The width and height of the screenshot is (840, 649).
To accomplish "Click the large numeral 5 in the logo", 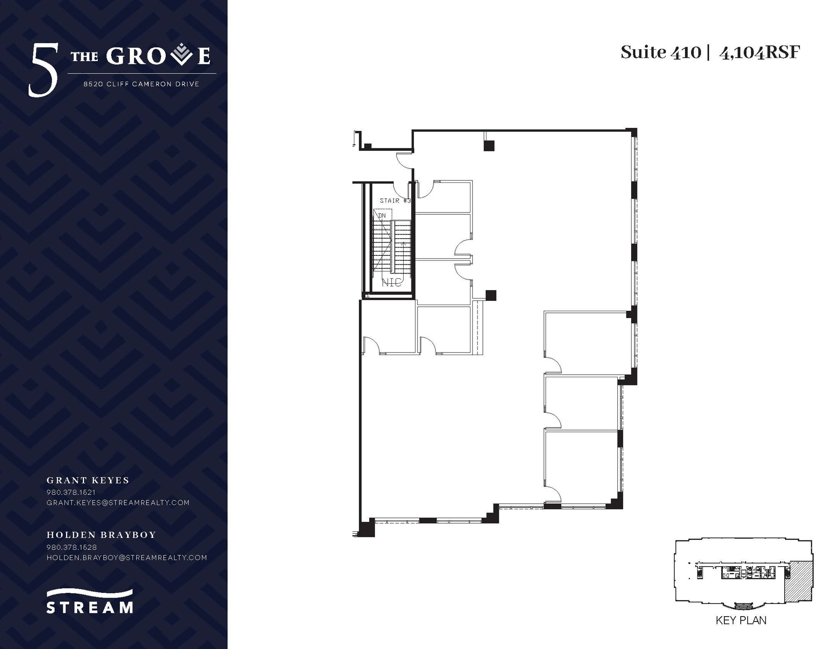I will (x=43, y=71).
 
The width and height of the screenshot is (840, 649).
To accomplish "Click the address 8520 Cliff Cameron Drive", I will (x=142, y=84).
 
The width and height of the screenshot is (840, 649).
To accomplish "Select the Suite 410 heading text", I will (x=661, y=52).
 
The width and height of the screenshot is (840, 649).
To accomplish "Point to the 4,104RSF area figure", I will (x=760, y=52).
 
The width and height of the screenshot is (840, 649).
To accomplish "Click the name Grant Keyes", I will (x=88, y=480).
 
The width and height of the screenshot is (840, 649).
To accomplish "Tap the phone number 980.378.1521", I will (x=71, y=492).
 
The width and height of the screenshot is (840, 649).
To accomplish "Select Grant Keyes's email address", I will (x=118, y=502).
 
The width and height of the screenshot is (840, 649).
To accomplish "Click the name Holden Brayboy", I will (x=101, y=535).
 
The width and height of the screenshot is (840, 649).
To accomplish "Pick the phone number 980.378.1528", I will (x=72, y=547).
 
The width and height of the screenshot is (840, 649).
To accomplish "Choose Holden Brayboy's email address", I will (x=127, y=558).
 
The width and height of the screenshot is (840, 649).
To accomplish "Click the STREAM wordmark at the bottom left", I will (x=90, y=607).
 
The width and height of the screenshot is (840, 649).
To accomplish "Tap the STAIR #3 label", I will (x=395, y=200).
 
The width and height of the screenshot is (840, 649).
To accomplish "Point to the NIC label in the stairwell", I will (x=392, y=282).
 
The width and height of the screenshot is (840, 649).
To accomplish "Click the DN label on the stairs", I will (x=382, y=215).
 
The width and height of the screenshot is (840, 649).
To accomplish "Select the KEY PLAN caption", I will (x=741, y=632).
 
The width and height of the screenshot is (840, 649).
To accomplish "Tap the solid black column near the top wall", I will (x=489, y=146).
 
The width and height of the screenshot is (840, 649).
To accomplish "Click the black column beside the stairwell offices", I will (x=491, y=295).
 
